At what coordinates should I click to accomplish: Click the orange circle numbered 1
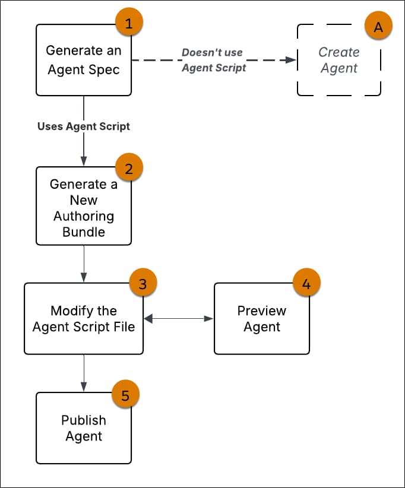coord(129,24)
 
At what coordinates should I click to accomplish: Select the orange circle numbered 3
coord(142,283)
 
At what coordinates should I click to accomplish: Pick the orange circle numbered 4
coord(306,283)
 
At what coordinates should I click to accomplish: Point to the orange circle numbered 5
coord(125,395)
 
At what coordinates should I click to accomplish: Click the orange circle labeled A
coord(378,28)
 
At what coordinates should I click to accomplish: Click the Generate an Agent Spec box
coord(83,60)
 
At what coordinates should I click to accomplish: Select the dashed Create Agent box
coord(338,60)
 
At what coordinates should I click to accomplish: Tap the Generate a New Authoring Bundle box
coord(83,206)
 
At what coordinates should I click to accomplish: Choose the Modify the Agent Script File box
coord(83,319)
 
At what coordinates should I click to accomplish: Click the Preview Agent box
coord(261,319)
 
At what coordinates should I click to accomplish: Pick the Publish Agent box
coord(83,428)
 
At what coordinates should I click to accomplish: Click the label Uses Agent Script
coord(83,126)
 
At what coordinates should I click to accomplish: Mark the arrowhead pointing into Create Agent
coord(291,60)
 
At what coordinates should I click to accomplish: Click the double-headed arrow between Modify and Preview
coord(178,319)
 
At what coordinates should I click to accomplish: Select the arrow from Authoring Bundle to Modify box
coord(84,264)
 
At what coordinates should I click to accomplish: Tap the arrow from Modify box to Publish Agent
coord(84,373)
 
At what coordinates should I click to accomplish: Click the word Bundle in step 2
coord(83,232)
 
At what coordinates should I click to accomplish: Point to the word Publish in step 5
coord(83,420)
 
